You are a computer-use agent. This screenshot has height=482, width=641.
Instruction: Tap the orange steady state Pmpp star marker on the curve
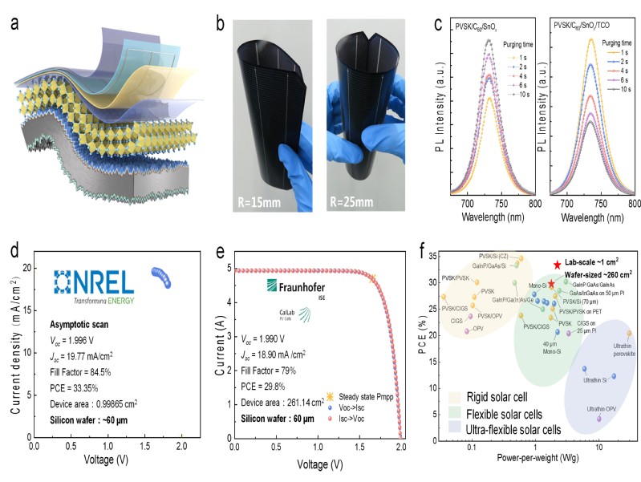(x=371, y=278)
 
